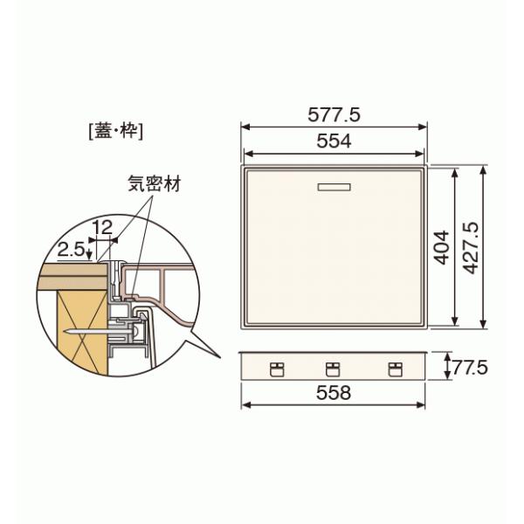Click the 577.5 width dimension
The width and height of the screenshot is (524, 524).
[x=334, y=115]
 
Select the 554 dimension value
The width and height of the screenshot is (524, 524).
[x=334, y=141]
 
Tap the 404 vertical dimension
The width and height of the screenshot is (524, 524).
[x=442, y=247]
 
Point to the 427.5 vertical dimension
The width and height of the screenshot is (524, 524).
[x=472, y=248]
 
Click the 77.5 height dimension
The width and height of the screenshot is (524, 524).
[x=471, y=368]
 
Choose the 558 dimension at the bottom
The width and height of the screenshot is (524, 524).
[x=334, y=393]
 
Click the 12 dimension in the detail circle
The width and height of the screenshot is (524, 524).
[x=102, y=228]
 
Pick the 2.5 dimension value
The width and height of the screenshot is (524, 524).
[x=71, y=249]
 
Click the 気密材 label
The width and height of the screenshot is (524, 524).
[x=155, y=183]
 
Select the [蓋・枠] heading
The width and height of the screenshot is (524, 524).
[x=116, y=131]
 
